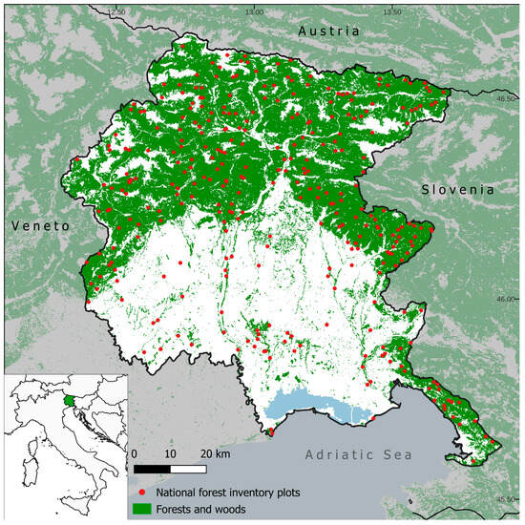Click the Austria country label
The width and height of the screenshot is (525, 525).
(328, 31)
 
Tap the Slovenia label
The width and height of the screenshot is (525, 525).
(458, 190)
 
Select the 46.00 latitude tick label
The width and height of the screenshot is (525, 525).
(510, 299)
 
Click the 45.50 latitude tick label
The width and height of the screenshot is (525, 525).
(510, 498)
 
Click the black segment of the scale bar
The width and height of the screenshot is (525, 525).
(152, 470)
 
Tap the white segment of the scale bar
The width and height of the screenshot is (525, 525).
(188, 470)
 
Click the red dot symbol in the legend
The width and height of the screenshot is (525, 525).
(141, 491)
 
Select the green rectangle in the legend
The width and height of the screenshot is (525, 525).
(141, 510)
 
